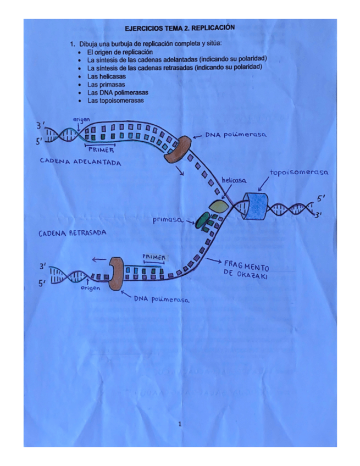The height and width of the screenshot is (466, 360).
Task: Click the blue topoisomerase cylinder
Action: tap(256, 207)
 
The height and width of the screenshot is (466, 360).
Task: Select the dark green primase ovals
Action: tap(206, 219)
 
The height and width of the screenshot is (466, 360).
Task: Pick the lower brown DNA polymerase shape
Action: tap(116, 274)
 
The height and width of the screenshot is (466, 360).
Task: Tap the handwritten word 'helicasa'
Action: tap(234, 180)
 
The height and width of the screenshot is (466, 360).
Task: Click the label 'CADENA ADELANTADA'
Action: tap(80, 163)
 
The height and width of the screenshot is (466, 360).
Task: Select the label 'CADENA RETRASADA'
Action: tap(72, 233)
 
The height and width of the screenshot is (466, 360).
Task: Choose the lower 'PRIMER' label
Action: tap(153, 256)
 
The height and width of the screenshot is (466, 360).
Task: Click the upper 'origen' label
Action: tap(81, 119)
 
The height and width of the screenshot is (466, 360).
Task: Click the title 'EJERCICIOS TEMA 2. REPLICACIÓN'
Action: tap(180, 27)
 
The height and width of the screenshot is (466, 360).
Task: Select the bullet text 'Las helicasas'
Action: tap(106, 76)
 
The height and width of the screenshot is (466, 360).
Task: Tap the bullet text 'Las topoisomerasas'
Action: tap(115, 101)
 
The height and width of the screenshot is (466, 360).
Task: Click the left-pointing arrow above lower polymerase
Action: tap(99, 260)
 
